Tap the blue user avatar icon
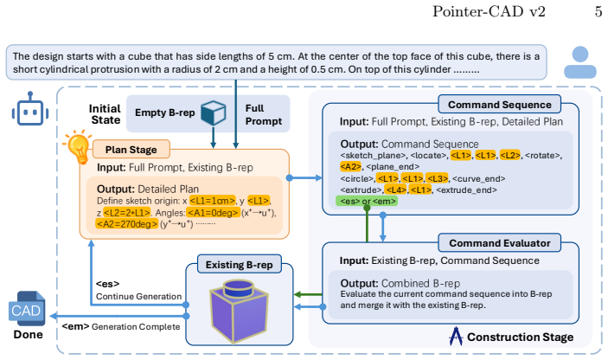coord(580,62)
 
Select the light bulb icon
coord(78,146)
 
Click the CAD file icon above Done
coord(27,308)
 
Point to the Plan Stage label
coord(131,150)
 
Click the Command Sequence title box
coord(499,105)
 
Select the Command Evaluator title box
coord(499,243)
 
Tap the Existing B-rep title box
coord(240,265)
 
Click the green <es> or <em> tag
coord(368,201)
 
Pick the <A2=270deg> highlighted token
coord(127,224)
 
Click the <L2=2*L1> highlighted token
coord(127,213)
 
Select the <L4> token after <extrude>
coord(395,190)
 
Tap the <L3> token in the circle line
coord(437,178)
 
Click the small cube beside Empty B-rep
coord(214,112)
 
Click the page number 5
coord(598,11)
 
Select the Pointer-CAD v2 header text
coord(489,11)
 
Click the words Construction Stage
coord(520,337)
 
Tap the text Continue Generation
coord(139,296)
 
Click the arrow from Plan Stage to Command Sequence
coord(305,178)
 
